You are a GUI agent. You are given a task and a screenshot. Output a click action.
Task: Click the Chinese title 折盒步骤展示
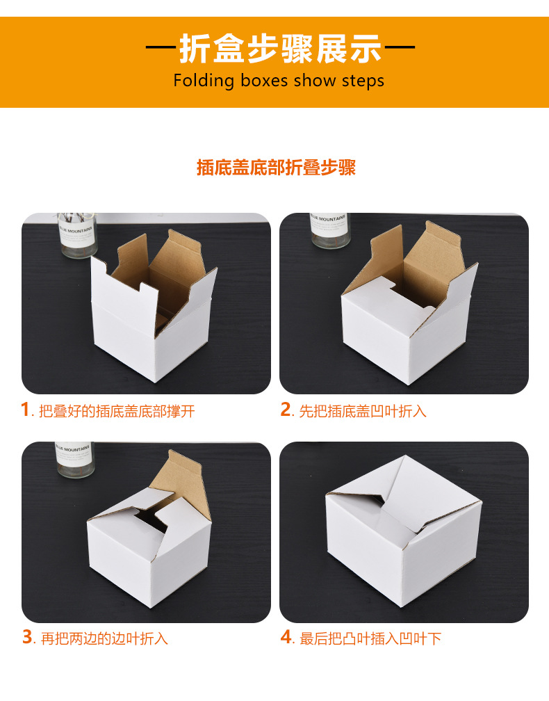(281, 49)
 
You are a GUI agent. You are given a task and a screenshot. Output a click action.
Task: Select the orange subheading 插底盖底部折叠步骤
(276, 168)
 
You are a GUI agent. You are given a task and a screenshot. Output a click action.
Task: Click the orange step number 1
(26, 410)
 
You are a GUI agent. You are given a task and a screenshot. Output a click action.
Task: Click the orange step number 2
(285, 410)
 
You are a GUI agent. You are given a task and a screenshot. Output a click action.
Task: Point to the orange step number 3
(27, 637)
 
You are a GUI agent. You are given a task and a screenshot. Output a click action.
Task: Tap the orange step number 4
(286, 637)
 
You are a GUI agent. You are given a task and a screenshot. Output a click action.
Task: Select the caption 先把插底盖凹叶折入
(362, 412)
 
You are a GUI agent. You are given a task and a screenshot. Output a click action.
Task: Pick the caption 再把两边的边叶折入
(104, 638)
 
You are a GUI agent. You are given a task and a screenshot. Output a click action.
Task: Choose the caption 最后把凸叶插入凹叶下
(370, 638)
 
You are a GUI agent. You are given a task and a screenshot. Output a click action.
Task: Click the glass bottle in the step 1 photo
(76, 234)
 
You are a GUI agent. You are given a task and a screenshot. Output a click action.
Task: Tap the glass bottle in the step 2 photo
(329, 230)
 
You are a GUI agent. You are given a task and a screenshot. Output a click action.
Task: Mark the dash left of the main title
(161, 49)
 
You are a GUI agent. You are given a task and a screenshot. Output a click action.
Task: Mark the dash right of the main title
(400, 49)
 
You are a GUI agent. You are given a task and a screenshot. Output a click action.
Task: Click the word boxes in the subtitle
(264, 81)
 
